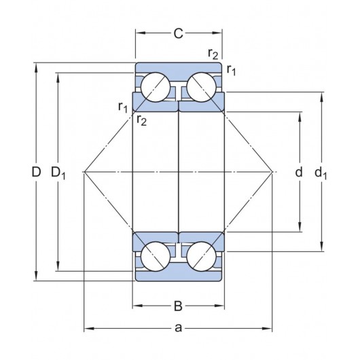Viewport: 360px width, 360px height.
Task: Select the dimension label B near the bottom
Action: coord(179,306)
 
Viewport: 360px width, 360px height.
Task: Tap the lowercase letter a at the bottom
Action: coord(179,329)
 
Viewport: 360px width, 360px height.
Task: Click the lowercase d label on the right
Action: coord(298,173)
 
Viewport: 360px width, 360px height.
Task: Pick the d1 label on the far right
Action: coord(321,173)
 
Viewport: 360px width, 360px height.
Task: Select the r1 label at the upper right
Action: coord(232,69)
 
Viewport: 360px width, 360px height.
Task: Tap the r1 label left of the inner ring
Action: coord(122,106)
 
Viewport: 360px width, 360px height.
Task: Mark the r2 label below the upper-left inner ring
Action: coord(141,121)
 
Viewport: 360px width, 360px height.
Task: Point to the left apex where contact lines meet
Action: coord(84,173)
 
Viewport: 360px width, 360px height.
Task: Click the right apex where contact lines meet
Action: coord(272,173)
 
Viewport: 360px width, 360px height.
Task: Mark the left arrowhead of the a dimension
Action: coord(86,329)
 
